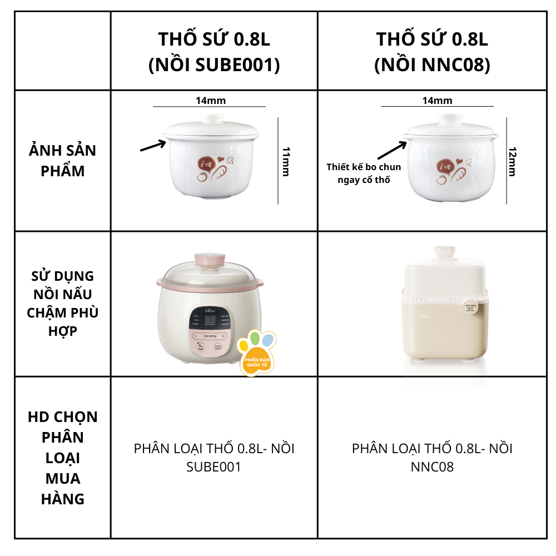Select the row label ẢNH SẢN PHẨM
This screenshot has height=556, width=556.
point(63,161)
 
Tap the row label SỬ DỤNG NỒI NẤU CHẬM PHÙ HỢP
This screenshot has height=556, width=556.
point(63,304)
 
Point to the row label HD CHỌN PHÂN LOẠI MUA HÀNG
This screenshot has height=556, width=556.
point(63,458)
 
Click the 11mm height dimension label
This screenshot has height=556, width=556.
point(286,161)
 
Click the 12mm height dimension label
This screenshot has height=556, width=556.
point(512,162)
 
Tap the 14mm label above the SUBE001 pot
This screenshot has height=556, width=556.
point(210,101)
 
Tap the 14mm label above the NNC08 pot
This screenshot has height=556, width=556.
point(437,101)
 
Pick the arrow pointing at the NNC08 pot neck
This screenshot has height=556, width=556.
point(393,150)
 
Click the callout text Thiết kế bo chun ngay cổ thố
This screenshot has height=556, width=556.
point(364,173)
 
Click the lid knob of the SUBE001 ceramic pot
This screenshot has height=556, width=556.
point(212,118)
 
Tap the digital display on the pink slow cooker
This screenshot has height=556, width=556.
point(211,321)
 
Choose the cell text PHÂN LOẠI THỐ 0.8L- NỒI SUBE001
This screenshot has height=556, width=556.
point(214,458)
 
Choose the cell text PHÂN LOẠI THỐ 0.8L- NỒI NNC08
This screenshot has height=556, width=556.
point(432,458)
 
